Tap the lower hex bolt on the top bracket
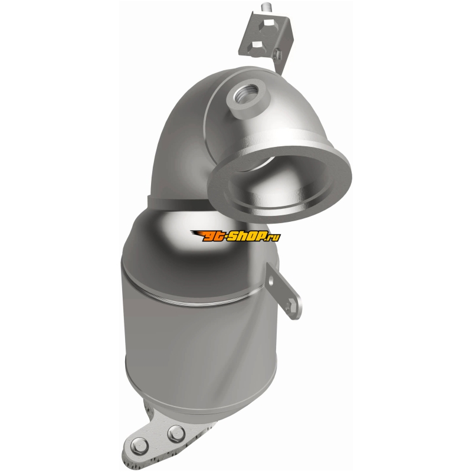click(257, 46)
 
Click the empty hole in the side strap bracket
click(272, 282)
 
